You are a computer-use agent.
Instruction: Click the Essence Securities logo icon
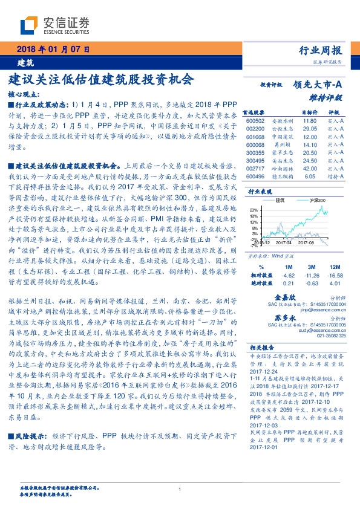pos(29,25)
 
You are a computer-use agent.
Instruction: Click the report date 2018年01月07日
pos(53,50)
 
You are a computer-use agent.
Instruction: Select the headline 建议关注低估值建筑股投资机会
pos(101,79)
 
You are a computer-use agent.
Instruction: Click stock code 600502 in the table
pos(255,121)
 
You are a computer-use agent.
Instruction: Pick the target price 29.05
pos(310,129)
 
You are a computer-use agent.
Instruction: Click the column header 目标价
pos(310,112)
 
